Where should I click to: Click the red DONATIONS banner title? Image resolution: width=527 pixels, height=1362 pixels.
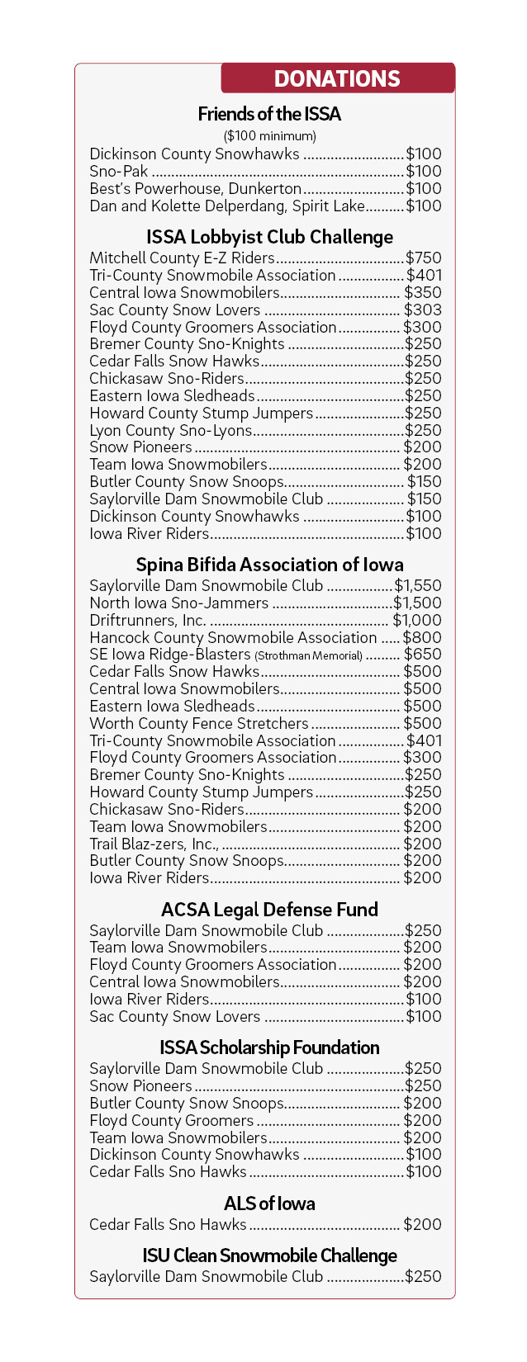coord(337,78)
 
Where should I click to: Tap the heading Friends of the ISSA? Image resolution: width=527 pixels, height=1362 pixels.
coord(269,114)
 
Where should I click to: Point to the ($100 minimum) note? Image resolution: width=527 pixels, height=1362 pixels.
coord(269,135)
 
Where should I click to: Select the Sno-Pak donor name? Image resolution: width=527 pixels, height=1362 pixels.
coord(119,171)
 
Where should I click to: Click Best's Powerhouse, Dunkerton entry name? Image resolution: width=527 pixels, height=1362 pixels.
coord(195,188)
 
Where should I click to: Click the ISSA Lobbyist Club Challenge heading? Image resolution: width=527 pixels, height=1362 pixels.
coord(269,237)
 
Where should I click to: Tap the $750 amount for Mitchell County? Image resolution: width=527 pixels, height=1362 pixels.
coord(423,258)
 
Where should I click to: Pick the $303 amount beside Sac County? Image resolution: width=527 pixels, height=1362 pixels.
coord(422,310)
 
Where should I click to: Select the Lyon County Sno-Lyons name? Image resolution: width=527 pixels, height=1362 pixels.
coord(170,430)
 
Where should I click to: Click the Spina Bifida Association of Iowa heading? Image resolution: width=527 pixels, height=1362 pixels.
coord(269,565)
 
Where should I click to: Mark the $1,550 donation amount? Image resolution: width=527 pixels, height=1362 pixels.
coord(418,586)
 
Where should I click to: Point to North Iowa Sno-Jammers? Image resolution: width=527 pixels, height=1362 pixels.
coord(178,603)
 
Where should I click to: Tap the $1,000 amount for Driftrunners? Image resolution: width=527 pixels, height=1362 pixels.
coord(417,620)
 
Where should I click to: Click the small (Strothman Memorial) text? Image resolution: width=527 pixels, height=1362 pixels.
coord(308,655)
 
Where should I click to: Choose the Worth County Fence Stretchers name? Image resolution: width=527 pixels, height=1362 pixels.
coord(198,723)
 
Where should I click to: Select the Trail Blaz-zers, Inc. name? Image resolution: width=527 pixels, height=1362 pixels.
coord(154,844)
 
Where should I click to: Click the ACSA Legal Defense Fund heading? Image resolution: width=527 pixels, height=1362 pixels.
coord(269,910)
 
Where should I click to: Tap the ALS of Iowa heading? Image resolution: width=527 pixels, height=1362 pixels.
coord(269,1204)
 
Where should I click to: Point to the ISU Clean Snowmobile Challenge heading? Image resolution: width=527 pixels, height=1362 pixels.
coord(269,1256)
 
